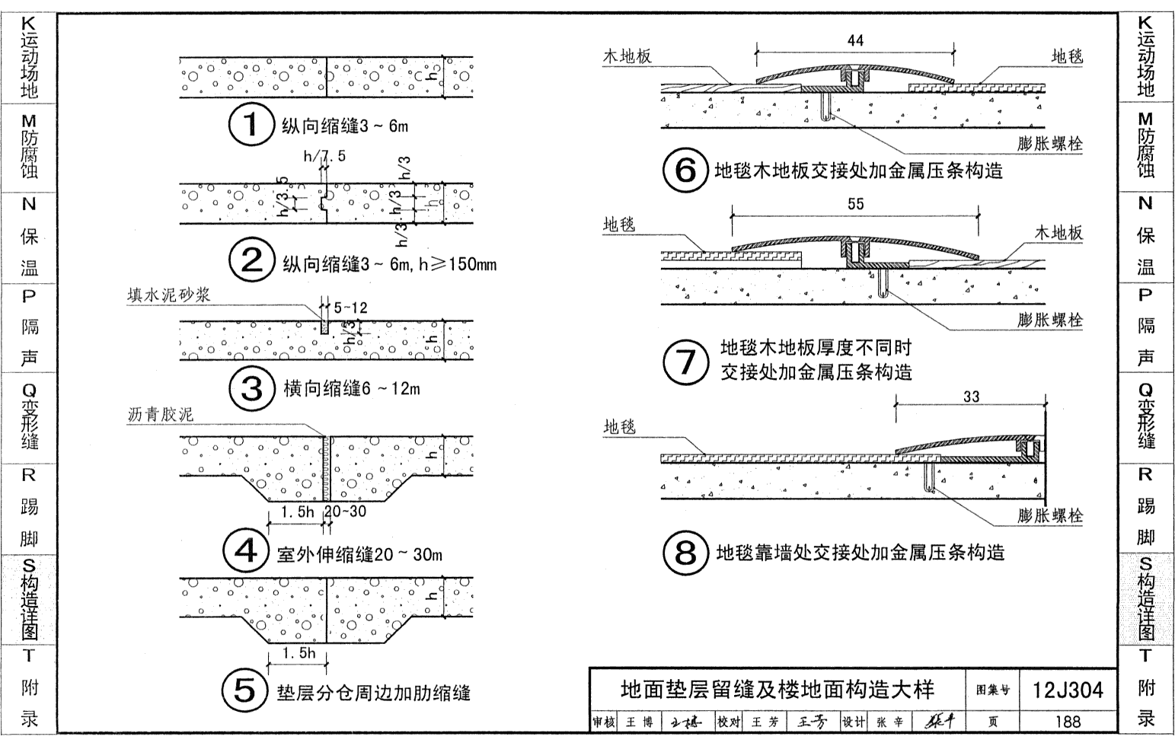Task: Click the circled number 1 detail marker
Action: coord(251,125)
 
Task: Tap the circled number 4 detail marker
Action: coord(245,550)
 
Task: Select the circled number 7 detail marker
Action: coord(686,361)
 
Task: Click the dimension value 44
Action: coord(855,40)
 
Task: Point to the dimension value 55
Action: coord(855,203)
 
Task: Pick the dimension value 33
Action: coord(971,397)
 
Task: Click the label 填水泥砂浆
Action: coord(168,295)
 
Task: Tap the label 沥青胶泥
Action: coord(161,415)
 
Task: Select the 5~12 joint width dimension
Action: coord(350,308)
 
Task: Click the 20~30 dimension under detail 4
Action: coord(346,512)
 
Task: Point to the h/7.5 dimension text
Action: coord(324,156)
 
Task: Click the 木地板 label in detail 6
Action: coord(627,56)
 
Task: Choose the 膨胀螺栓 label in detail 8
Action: coord(1050,515)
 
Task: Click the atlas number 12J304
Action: coord(1068,690)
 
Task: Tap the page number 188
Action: coord(1068,721)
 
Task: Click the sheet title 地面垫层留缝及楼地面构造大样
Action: coord(777,690)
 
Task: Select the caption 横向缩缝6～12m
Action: coord(352,389)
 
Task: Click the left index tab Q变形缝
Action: coord(29,417)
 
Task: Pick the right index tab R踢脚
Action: coord(1145,507)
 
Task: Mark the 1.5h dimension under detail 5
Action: coord(298,653)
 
